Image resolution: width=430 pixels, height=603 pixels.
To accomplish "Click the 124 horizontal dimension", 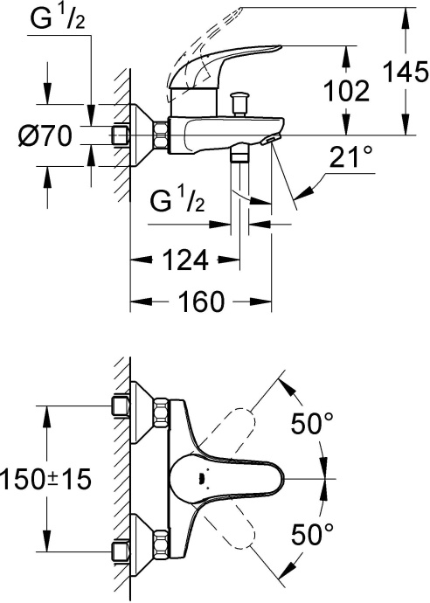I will pos(184,260).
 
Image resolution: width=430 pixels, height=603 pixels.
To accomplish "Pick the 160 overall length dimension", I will pos(200,302).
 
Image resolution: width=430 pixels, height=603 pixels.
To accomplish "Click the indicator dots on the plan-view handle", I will pos(202,479).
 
